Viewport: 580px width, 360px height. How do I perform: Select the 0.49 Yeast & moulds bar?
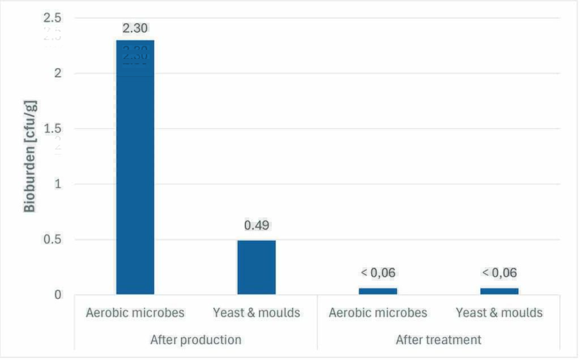[256, 267]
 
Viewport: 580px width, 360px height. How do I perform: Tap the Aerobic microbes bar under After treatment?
[378, 291]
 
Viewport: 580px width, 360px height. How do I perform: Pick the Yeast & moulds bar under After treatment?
[499, 291]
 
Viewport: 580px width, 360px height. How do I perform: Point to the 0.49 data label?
[256, 225]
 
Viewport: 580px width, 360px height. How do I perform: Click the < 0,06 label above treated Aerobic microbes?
[378, 273]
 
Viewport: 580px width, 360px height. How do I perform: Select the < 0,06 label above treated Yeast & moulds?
[499, 273]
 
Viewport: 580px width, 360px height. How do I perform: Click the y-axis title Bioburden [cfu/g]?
[29, 155]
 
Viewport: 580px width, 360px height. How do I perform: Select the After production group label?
[195, 340]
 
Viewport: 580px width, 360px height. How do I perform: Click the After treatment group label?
[438, 340]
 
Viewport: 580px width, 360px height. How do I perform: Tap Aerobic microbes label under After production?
[135, 312]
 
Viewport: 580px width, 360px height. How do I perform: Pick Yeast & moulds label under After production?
[256, 312]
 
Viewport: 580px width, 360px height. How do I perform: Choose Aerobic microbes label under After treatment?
[378, 312]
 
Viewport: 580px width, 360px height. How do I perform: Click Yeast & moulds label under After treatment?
[499, 312]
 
